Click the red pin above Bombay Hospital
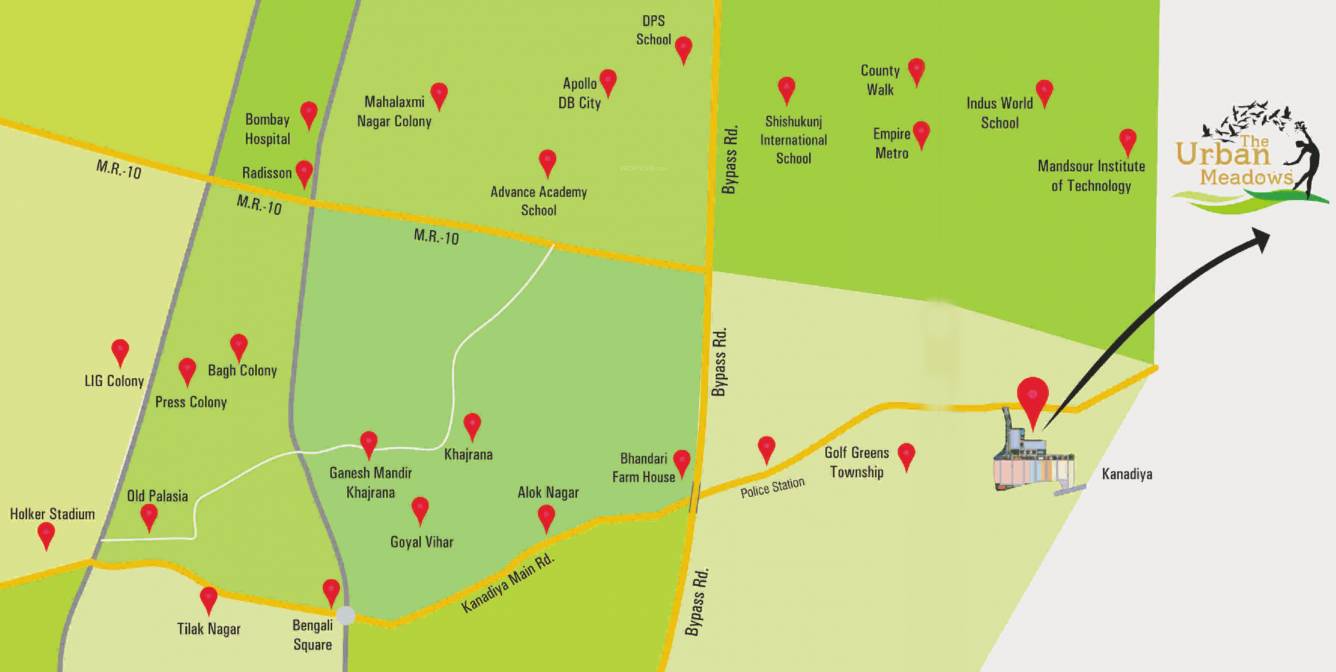click(309, 113)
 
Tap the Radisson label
click(267, 173)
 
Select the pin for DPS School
click(683, 47)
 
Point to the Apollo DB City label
click(580, 93)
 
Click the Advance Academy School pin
click(547, 161)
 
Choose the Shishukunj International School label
click(794, 140)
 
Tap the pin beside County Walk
click(916, 70)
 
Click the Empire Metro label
click(892, 143)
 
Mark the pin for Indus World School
click(1044, 91)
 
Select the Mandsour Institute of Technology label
click(1091, 176)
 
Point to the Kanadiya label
click(1126, 474)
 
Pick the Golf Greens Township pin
click(906, 454)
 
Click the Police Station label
click(773, 489)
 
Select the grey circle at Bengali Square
click(345, 615)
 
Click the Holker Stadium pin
click(46, 534)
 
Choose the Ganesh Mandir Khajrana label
click(371, 482)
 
